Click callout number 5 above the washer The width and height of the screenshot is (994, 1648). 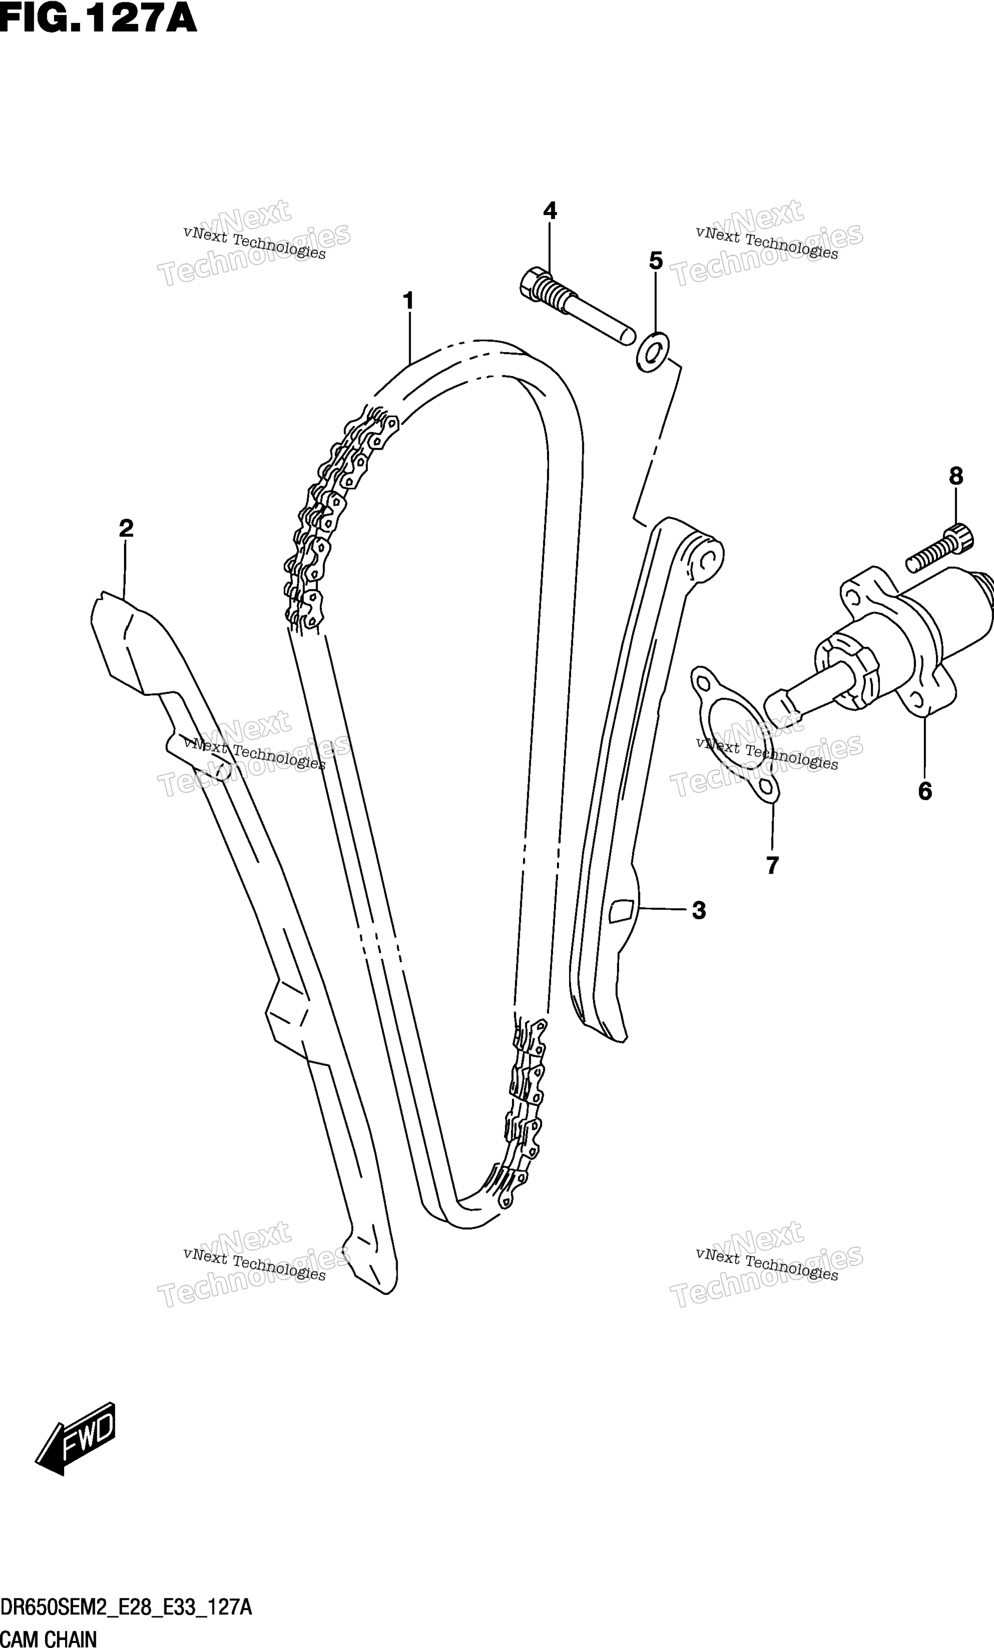pos(655,260)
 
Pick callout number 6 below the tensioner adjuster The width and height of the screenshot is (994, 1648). pos(924,791)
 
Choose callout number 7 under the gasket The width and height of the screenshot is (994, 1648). pos(773,866)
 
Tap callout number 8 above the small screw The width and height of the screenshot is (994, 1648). pos(956,476)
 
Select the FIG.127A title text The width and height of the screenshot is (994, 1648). pos(98,19)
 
